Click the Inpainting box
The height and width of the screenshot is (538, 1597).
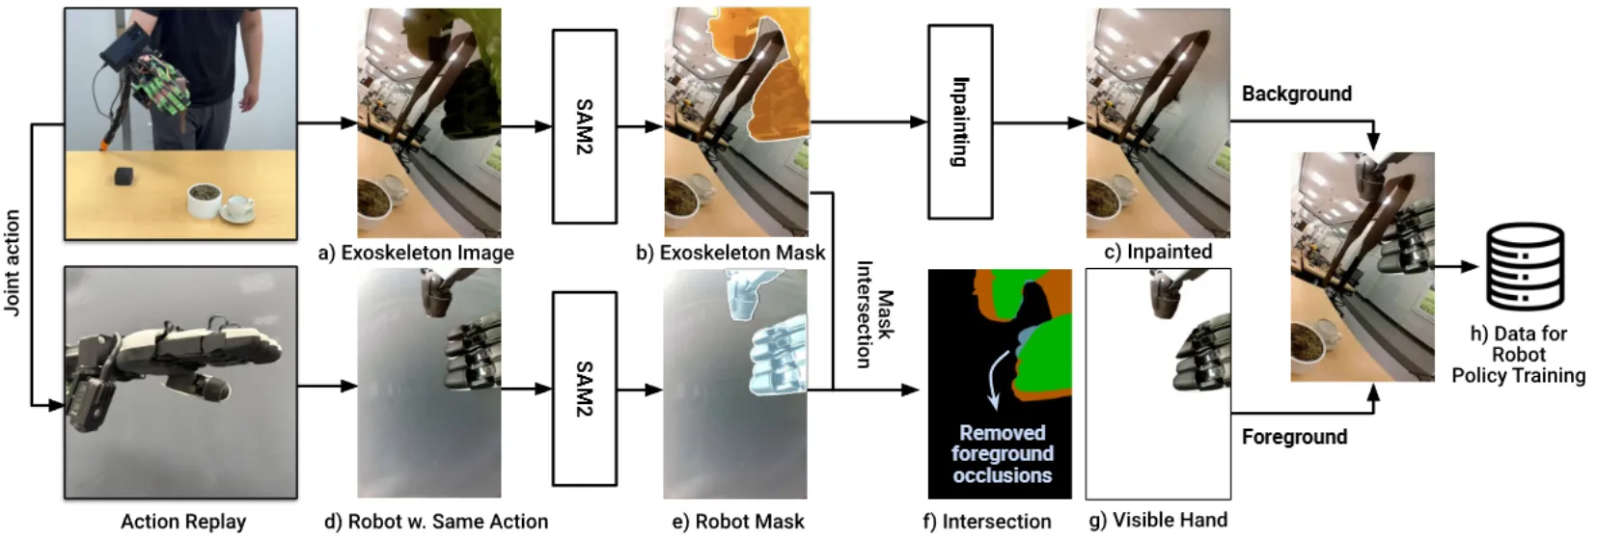click(x=959, y=121)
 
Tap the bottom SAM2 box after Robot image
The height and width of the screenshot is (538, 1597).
click(x=584, y=389)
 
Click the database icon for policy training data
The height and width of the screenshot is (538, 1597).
click(x=1524, y=266)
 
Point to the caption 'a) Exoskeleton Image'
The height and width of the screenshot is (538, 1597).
click(x=416, y=253)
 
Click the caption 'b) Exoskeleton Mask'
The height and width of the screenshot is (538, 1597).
click(x=730, y=253)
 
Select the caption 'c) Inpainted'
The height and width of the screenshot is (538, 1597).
click(x=1158, y=252)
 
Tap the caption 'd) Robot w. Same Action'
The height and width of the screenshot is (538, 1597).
click(x=436, y=522)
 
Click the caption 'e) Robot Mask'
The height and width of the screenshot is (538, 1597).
click(x=737, y=522)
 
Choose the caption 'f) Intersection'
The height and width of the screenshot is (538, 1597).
click(x=986, y=522)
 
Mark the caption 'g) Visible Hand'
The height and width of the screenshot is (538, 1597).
click(x=1158, y=520)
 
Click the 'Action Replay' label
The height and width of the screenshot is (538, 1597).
click(x=183, y=522)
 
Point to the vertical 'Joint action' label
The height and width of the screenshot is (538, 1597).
click(x=13, y=262)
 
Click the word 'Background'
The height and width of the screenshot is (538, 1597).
click(x=1296, y=94)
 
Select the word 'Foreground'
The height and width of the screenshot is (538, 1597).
click(x=1294, y=437)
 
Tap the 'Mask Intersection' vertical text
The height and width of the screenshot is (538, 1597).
click(x=873, y=314)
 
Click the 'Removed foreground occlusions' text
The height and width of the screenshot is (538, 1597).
click(x=1002, y=454)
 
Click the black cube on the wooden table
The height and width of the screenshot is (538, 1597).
click(x=123, y=175)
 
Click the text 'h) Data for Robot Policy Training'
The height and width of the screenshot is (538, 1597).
click(x=1518, y=354)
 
